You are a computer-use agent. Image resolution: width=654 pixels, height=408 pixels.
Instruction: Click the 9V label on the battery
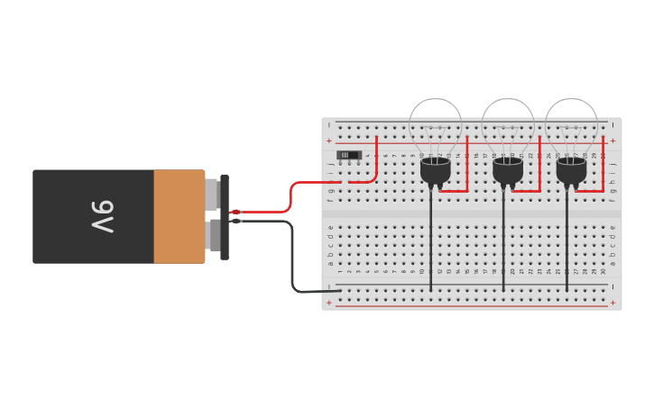[x=102, y=217]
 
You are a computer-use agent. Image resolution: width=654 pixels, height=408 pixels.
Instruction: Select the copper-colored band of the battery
[x=179, y=217]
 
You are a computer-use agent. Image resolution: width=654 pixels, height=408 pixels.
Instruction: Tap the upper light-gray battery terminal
[x=211, y=193]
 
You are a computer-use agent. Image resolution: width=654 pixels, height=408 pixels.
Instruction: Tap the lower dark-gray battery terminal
[x=213, y=236]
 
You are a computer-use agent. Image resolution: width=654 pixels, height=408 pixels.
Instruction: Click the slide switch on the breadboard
[x=348, y=155]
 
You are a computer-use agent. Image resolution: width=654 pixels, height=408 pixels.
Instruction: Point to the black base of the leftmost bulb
[x=435, y=170]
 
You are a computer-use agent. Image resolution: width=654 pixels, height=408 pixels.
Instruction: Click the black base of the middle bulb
[x=508, y=170]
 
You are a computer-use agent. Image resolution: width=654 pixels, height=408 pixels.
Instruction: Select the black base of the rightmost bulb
[x=571, y=170]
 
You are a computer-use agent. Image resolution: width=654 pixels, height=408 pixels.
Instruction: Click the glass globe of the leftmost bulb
[x=435, y=122]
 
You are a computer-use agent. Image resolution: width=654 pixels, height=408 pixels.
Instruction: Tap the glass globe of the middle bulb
[x=508, y=122]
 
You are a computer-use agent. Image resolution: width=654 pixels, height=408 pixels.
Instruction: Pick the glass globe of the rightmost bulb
[x=571, y=122]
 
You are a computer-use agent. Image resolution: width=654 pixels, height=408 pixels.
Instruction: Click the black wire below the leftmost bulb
[x=431, y=243]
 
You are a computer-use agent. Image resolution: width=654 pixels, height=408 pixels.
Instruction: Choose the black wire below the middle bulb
[x=503, y=243]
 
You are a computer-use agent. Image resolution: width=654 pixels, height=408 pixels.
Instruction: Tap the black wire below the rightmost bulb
[x=567, y=243]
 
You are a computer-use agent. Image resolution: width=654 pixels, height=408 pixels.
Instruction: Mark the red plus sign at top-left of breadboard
[x=328, y=141]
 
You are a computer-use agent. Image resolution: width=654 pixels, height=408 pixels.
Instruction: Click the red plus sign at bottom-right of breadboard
[x=613, y=304]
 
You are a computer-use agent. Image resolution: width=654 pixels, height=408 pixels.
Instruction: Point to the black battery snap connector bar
[x=225, y=217]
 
